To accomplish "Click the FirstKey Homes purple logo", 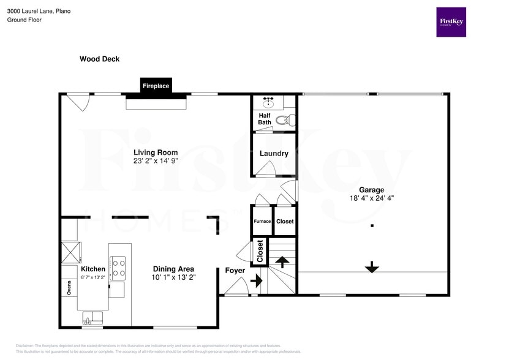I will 451,22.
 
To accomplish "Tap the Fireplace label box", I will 156,86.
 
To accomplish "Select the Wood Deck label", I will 99,59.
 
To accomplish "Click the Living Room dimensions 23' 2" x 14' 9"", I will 156,161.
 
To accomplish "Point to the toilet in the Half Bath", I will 282,121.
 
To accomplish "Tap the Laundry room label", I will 273,154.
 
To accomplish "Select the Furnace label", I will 262,221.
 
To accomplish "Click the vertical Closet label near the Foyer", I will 260,251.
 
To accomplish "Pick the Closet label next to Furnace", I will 285,221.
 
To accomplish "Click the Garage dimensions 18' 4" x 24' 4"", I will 372,198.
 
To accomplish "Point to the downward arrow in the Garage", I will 372,267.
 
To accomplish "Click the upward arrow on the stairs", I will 282,261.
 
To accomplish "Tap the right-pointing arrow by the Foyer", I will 256,282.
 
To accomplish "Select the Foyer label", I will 235,270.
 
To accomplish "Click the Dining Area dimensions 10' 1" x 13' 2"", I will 173,277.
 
